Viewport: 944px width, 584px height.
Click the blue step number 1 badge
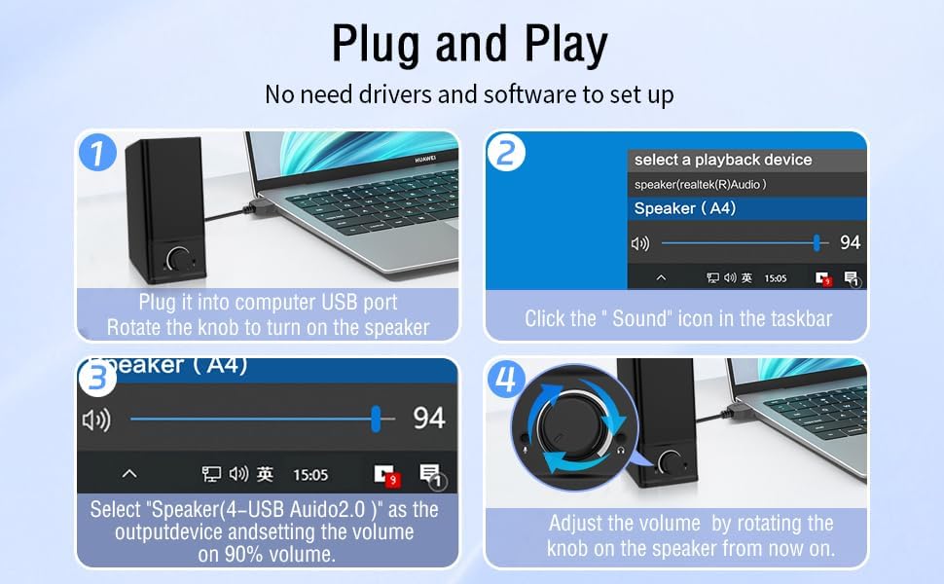99,153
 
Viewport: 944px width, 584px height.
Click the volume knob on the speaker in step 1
180,259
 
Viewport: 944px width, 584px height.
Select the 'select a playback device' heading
722,160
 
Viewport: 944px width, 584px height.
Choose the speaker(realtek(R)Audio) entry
700,184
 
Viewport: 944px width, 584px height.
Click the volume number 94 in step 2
850,243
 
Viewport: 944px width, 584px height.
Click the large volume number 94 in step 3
429,419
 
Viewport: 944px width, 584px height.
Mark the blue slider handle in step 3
376,419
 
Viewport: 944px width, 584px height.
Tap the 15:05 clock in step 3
310,475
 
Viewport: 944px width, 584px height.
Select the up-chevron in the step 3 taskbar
128,474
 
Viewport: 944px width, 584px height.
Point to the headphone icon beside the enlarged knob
619,450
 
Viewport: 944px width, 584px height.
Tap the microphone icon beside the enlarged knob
526,450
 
